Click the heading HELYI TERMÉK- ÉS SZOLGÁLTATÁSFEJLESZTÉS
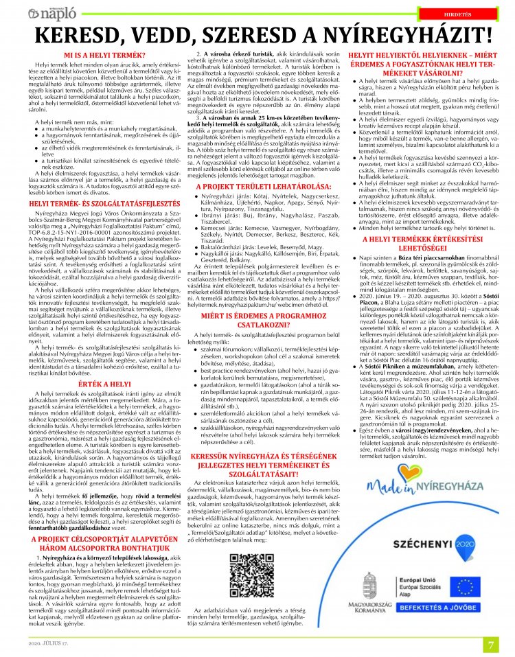coord(95,204)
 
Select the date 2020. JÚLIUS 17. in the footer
coord(47,643)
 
